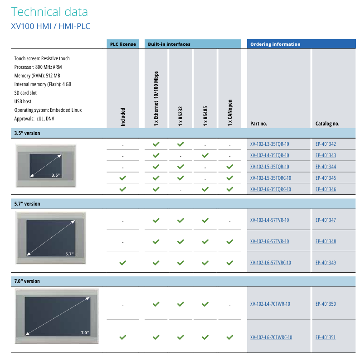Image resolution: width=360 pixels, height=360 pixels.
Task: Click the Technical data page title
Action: coord(49,12)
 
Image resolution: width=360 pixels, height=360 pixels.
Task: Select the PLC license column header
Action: coord(123,44)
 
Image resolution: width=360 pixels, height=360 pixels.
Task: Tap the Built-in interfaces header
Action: coord(169,44)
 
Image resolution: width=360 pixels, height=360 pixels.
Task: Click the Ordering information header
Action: coord(275,44)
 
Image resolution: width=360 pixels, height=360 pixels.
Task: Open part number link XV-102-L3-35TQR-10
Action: coord(269,144)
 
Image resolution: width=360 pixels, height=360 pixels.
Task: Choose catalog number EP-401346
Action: coord(326,189)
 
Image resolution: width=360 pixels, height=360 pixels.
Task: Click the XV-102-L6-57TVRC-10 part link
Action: coord(270,263)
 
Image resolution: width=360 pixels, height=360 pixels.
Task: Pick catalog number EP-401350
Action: coord(326,304)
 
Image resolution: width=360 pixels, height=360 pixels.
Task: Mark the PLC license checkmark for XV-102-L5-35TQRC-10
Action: coord(122,178)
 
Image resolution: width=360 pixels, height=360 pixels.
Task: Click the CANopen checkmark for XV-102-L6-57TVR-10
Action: coord(230,242)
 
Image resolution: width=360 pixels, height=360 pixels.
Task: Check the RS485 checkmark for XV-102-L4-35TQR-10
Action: coord(205,155)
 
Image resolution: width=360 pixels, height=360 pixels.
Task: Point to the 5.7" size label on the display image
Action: coord(69,254)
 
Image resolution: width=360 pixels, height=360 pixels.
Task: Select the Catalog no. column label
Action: coord(327,123)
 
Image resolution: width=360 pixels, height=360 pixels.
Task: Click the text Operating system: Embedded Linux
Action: coord(48,110)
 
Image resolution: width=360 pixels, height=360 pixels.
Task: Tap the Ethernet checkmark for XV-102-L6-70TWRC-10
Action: coord(156,337)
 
